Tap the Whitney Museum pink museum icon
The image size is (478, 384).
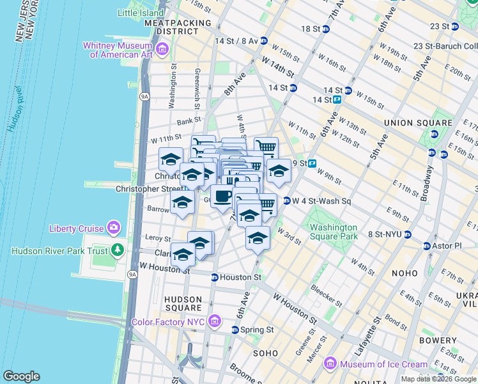coord(162,49)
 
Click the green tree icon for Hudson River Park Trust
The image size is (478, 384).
coord(117,250)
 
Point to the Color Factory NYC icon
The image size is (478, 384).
coord(214,321)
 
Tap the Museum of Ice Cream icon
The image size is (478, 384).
coord(330,364)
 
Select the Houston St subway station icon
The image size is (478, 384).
coord(215,277)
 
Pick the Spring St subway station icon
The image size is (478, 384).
coord(235,330)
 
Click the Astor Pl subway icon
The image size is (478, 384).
coord(426,246)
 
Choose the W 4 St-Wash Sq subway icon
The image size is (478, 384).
coord(286,200)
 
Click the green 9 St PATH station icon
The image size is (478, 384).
coord(312,164)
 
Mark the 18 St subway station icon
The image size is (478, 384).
coord(326,29)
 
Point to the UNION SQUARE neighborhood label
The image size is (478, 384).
coord(418,122)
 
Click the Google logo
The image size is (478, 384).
coord(21,376)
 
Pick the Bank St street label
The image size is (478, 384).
coord(189,120)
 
